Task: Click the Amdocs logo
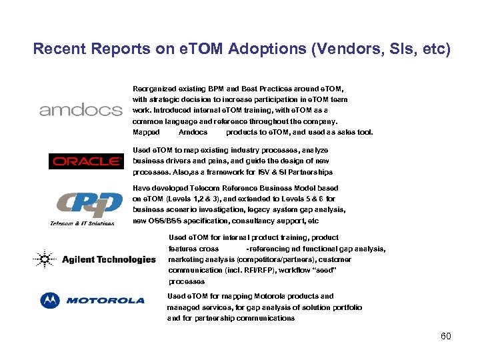coord(81,110)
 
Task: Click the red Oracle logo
coord(86,161)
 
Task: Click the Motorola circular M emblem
coord(49,301)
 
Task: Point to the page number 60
coord(446,336)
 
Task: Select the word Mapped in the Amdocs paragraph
coord(146,132)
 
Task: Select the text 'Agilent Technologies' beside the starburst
coord(109,259)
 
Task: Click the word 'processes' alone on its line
coord(187,281)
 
